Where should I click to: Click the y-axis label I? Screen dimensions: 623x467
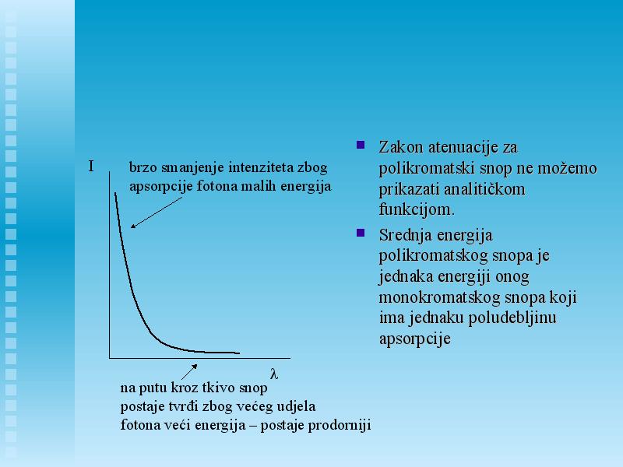click(x=91, y=166)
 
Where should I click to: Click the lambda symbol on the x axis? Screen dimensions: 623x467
click(x=274, y=374)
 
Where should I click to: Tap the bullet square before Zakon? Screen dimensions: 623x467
click(x=361, y=145)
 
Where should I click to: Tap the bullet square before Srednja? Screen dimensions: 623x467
click(x=361, y=233)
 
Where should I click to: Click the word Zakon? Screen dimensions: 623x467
click(x=400, y=147)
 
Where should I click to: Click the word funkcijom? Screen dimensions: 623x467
click(x=417, y=209)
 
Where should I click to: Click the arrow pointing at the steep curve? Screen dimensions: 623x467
click(x=157, y=212)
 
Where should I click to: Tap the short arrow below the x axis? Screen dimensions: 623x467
click(x=189, y=372)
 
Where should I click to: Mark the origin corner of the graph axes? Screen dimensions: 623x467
click(x=110, y=358)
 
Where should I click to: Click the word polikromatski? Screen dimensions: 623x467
click(x=426, y=168)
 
